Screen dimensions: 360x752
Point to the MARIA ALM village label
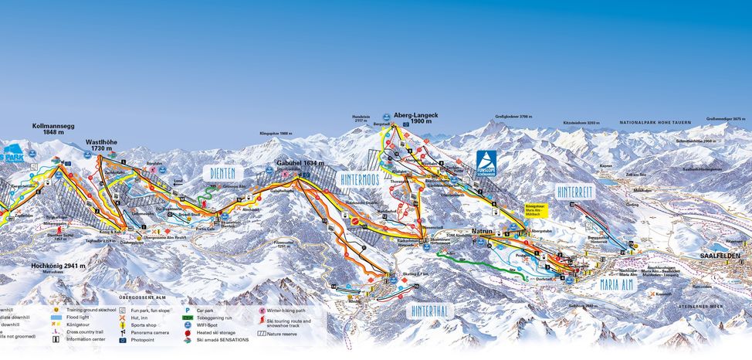click(x=621, y=284)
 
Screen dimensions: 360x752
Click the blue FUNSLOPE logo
click(x=486, y=163)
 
